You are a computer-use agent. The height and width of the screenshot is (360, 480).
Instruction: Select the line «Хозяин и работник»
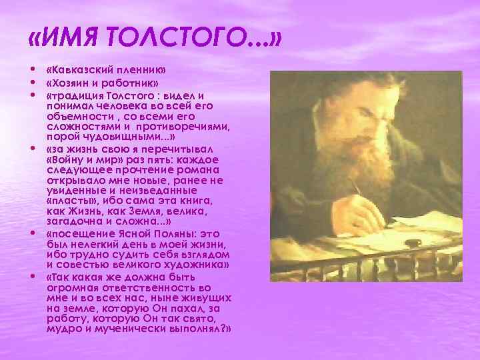pos(103,83)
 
